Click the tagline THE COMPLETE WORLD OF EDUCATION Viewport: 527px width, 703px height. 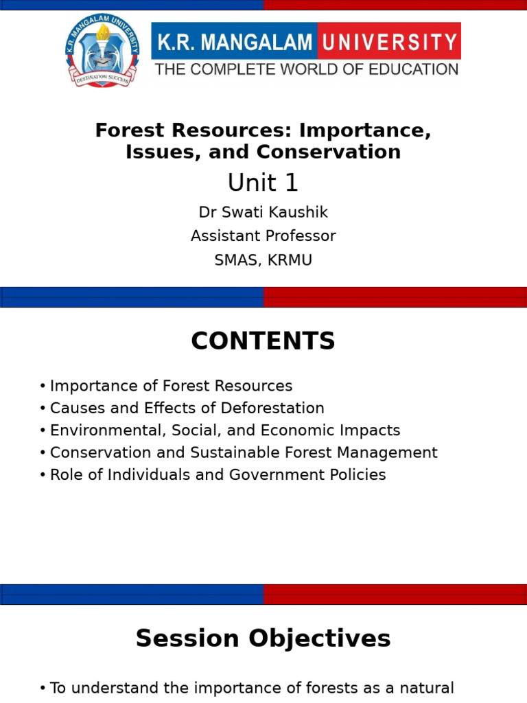coord(306,69)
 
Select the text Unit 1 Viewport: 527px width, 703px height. coord(263,183)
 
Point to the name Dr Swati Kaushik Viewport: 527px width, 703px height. coord(263,213)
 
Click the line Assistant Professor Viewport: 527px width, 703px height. coord(263,236)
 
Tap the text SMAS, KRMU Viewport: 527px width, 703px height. coord(263,260)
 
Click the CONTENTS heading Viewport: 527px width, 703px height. coord(263,341)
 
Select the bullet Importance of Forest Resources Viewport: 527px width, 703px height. coord(171,386)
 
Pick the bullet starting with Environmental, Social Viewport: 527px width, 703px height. coord(225,430)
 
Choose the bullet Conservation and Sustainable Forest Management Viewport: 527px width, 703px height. coord(244,452)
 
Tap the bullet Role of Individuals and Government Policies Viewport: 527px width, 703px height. coord(218,474)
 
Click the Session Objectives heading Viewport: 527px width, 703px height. coord(263,638)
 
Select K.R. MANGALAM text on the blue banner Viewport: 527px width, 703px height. coord(235,43)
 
